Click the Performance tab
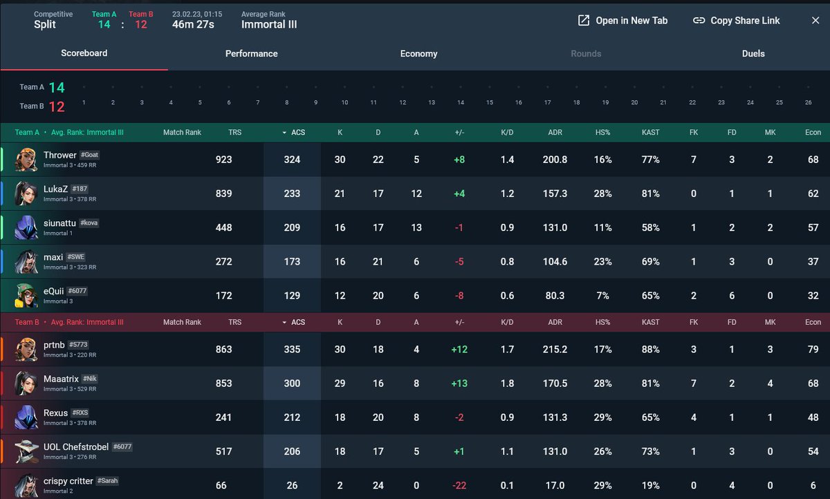coord(251,54)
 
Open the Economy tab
coord(418,54)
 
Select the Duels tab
coord(753,54)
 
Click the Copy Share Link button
coord(736,21)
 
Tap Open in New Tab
coord(623,21)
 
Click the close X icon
coord(815,21)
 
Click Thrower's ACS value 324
coord(292,160)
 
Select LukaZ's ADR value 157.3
coord(555,194)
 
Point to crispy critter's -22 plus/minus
coord(459,485)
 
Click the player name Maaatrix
coord(61,379)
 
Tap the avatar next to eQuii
coord(26,295)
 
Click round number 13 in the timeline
coord(432,102)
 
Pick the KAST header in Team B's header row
coord(650,322)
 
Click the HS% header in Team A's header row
coord(603,133)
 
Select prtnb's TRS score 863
coord(224,350)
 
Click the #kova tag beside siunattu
coord(89,223)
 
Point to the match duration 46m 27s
coord(193,25)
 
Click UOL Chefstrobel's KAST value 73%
coord(651,451)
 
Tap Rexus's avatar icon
coord(26,417)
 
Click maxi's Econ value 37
coord(813,262)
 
